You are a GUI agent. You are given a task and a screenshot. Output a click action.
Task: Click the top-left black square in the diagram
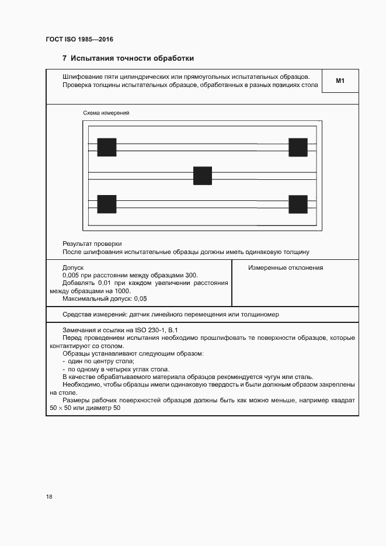tap(107, 147)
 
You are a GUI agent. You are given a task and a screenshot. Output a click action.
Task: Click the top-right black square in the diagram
tap(298, 147)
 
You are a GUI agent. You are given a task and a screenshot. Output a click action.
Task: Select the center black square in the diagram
tap(203, 176)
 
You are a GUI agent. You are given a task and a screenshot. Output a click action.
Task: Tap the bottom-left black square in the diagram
tap(107, 204)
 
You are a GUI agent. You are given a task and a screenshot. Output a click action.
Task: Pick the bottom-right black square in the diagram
tap(298, 204)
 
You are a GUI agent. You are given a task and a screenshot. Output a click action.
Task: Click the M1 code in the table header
tap(340, 81)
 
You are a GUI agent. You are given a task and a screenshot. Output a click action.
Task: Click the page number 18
tap(49, 497)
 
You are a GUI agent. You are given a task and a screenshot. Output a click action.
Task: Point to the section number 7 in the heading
tap(64, 58)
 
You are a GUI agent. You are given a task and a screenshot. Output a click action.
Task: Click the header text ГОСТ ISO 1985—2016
tap(79, 39)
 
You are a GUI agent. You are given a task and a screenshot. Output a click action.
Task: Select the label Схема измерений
tap(106, 113)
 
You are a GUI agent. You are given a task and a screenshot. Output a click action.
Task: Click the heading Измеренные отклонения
tap(286, 268)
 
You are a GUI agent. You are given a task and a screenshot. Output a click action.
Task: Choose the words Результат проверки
tap(92, 244)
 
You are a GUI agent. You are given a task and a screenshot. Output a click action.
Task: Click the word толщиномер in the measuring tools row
tap(262, 314)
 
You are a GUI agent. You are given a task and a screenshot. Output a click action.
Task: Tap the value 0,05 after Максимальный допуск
tap(140, 298)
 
